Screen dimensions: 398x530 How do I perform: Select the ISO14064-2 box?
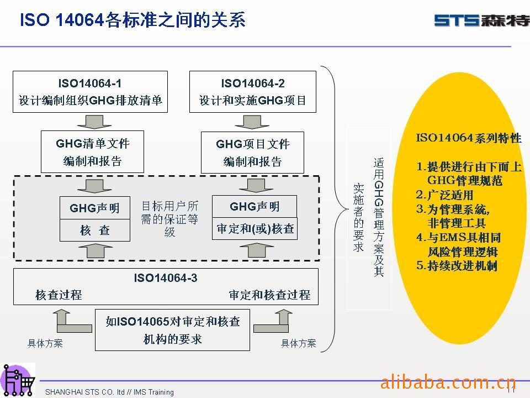point(253,92)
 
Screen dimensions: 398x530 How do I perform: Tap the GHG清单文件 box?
point(92,152)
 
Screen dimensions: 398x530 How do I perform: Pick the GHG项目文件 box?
point(252,152)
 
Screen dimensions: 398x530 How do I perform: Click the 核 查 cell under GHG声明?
point(95,231)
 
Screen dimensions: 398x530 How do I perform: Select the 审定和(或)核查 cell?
point(255,229)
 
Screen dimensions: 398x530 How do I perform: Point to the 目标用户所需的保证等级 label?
point(169,219)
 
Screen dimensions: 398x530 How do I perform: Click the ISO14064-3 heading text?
point(166,278)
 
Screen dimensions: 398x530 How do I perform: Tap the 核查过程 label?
point(59,295)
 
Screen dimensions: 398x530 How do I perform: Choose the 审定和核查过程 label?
point(269,295)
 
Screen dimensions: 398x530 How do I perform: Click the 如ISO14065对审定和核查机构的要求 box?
point(172,329)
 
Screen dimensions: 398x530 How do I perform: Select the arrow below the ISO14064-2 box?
point(252,121)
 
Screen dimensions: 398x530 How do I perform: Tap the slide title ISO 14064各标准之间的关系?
point(132,20)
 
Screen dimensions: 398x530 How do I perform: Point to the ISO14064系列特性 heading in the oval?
point(468,138)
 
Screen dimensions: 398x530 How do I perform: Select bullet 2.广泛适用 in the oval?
point(444,195)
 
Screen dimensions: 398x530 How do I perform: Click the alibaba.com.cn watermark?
point(448,381)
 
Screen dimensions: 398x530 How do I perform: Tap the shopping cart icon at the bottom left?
point(18,380)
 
